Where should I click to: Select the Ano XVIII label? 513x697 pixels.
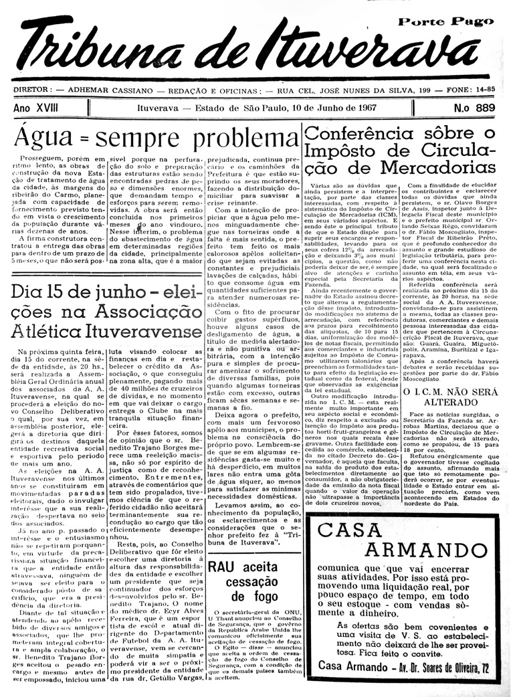[x=38, y=108]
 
